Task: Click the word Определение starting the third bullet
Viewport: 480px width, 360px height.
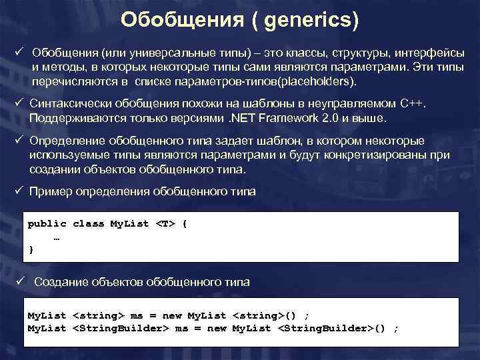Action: click(x=69, y=141)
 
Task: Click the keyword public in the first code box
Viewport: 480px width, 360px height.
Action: click(x=47, y=224)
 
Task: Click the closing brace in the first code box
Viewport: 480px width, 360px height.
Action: click(x=30, y=249)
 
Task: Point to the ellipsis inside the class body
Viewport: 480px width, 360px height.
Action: click(x=56, y=237)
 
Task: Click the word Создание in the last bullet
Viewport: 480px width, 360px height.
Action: click(x=58, y=282)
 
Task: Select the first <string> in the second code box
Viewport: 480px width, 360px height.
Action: click(x=98, y=315)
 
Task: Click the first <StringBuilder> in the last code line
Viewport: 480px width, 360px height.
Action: click(x=120, y=328)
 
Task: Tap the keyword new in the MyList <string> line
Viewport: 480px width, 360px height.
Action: click(x=172, y=315)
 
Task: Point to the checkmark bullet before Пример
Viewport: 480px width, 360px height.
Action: click(x=19, y=191)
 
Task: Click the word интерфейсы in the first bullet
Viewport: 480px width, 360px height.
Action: click(x=434, y=53)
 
